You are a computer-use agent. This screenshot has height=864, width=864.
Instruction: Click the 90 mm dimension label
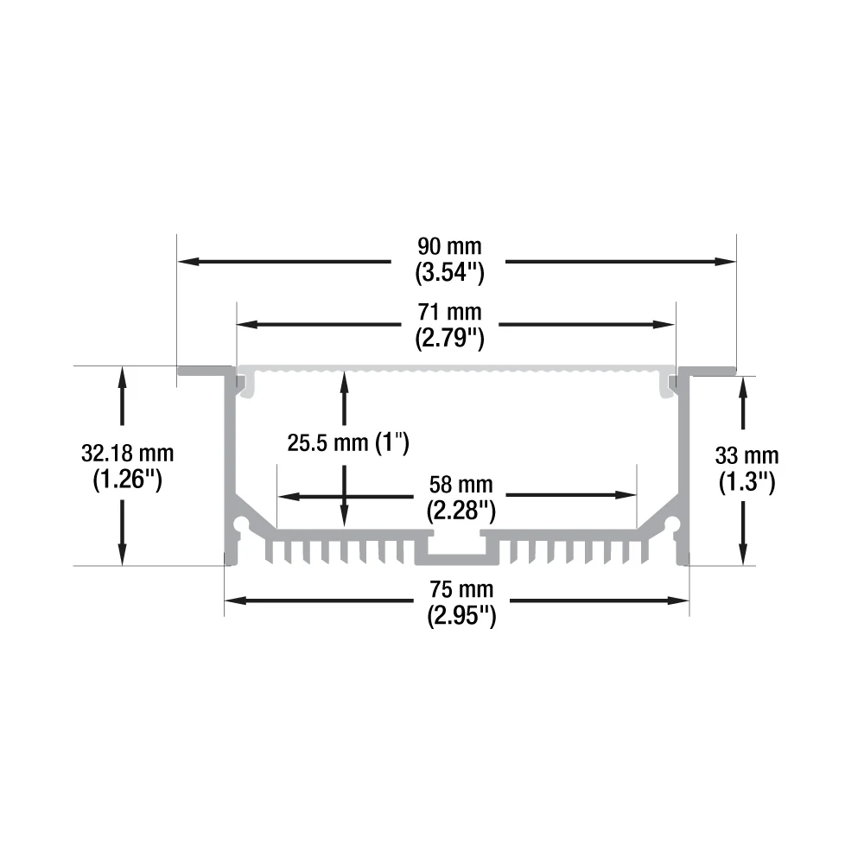coord(449,246)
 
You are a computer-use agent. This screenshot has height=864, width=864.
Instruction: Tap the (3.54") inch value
coord(449,273)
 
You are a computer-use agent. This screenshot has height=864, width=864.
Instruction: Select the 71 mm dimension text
coord(449,312)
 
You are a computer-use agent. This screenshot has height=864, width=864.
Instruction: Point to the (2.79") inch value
coord(449,338)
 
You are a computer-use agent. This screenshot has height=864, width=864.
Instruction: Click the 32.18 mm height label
coord(127,454)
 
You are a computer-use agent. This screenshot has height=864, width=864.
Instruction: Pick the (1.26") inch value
coord(127,480)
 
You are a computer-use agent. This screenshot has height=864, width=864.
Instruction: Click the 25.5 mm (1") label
coord(348,442)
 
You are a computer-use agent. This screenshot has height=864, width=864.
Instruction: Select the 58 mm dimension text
coord(461,485)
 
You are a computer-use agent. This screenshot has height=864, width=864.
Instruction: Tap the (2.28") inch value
coord(461,511)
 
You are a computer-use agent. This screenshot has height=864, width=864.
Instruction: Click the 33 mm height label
coord(746,455)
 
